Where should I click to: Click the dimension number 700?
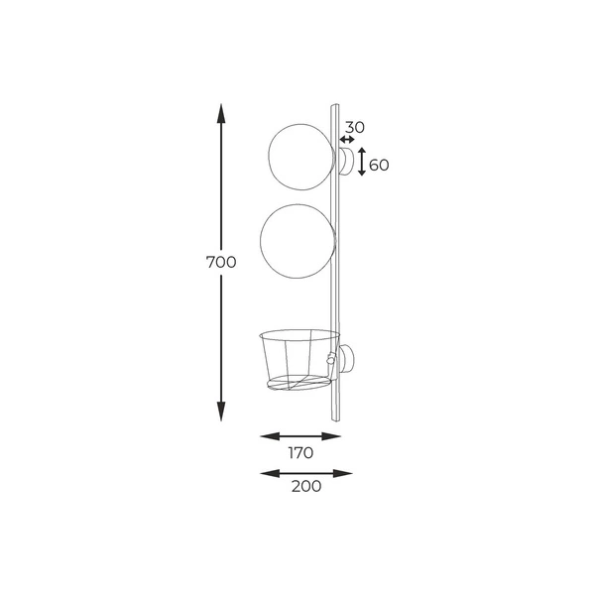click(221, 263)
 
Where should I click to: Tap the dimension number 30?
click(355, 127)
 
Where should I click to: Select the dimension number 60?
click(378, 164)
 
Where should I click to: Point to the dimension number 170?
click(301, 453)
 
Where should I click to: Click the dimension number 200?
click(305, 487)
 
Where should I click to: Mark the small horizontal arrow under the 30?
click(347, 141)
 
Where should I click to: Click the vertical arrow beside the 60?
click(362, 162)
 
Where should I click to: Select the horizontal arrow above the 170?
click(300, 435)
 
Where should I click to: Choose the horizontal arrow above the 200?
click(306, 473)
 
